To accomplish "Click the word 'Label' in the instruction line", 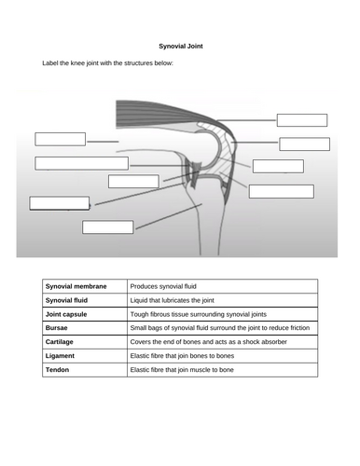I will pyautogui.click(x=51, y=62).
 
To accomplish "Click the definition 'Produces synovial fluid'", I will pyautogui.click(x=167, y=287).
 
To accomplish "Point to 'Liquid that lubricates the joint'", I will pyautogui.click(x=177, y=301).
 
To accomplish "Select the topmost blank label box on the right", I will pyautogui.click(x=302, y=119).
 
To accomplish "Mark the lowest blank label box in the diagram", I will pyautogui.click(x=108, y=226).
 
